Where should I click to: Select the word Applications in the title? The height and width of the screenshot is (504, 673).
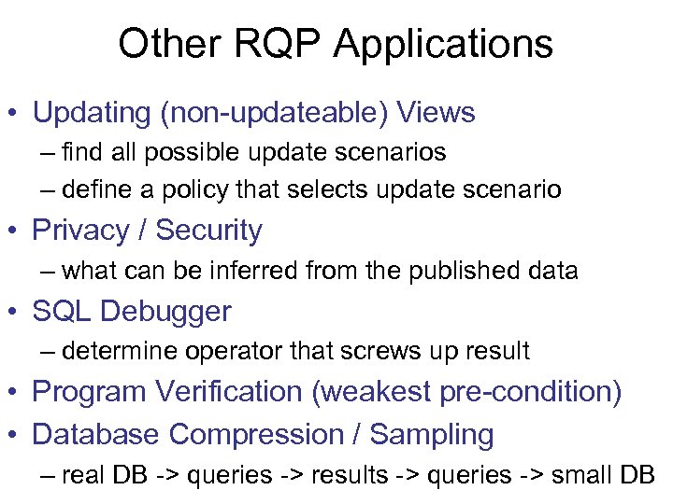(x=445, y=44)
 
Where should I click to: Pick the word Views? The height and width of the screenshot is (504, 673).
(x=436, y=114)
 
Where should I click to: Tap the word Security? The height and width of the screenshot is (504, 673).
(x=209, y=231)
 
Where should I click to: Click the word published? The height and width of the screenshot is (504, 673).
(x=460, y=272)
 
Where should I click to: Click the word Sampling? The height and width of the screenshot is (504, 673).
(x=432, y=435)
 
